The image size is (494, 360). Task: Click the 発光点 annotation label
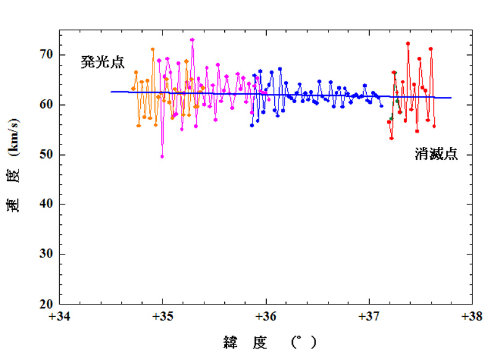pyautogui.click(x=103, y=62)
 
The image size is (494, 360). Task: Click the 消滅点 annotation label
pyautogui.click(x=436, y=154)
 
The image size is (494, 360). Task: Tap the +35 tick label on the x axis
pyautogui.click(x=162, y=317)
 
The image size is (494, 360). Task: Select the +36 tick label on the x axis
pyautogui.click(x=266, y=317)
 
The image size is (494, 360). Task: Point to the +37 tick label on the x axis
pyautogui.click(x=369, y=317)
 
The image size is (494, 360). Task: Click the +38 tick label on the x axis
pyautogui.click(x=472, y=317)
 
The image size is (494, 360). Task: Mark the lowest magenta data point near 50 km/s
pyautogui.click(x=162, y=156)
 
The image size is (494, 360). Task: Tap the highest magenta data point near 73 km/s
pyautogui.click(x=192, y=40)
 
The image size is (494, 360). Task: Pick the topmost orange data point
pyautogui.click(x=153, y=49)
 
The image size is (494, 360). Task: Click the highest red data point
pyautogui.click(x=408, y=43)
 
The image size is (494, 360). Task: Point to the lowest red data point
pyautogui.click(x=391, y=138)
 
